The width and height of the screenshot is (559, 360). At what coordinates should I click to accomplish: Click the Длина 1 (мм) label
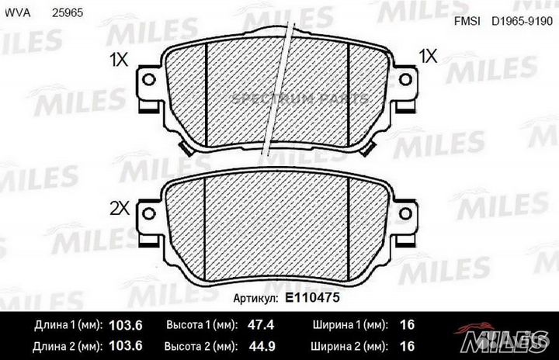[x=65, y=325]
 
